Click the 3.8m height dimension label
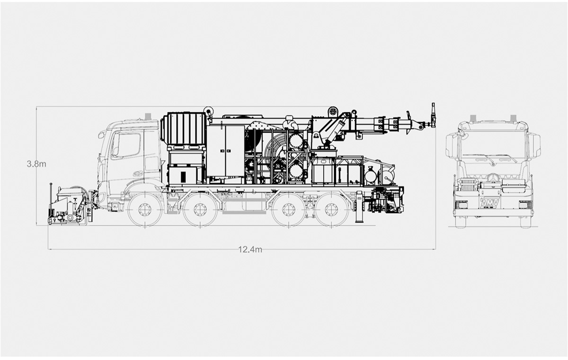coord(36,164)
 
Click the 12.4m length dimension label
coord(250,250)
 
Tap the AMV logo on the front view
coord(489,203)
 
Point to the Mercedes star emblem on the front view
coord(493,177)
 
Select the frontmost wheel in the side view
coord(145,210)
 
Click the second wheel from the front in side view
coord(200,210)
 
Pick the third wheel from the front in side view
coord(288,210)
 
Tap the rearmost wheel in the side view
coord(331,210)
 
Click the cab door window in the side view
coord(126,145)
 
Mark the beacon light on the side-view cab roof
coord(148,116)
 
